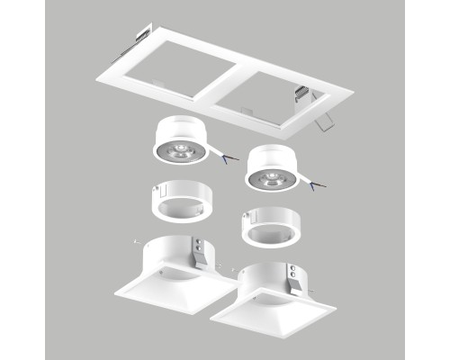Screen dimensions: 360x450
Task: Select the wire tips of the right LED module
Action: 314,187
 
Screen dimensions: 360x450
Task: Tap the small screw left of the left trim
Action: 134,240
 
